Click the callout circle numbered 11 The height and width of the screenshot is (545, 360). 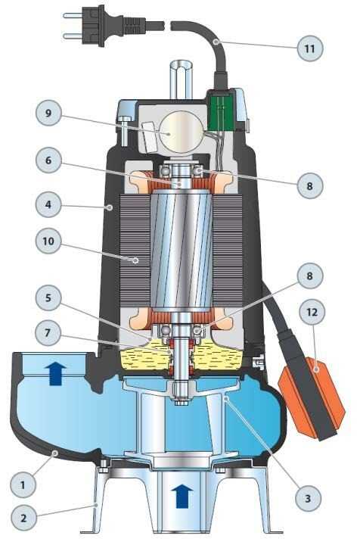pyautogui.click(x=310, y=48)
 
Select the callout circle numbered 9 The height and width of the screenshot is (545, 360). pyautogui.click(x=48, y=113)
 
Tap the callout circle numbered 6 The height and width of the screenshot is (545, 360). pyautogui.click(x=48, y=160)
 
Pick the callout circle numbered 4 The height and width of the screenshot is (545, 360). pyautogui.click(x=48, y=204)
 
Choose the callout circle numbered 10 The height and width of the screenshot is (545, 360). pyautogui.click(x=48, y=241)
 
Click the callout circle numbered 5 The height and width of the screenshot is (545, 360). pyautogui.click(x=48, y=298)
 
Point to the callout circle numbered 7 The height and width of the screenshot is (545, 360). pyautogui.click(x=48, y=332)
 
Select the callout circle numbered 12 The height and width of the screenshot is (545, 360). pyautogui.click(x=312, y=312)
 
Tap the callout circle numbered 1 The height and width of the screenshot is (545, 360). pyautogui.click(x=23, y=484)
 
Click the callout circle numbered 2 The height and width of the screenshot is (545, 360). pyautogui.click(x=23, y=518)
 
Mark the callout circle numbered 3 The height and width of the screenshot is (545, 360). pyautogui.click(x=308, y=498)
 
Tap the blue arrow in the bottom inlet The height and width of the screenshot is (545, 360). pyautogui.click(x=182, y=497)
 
